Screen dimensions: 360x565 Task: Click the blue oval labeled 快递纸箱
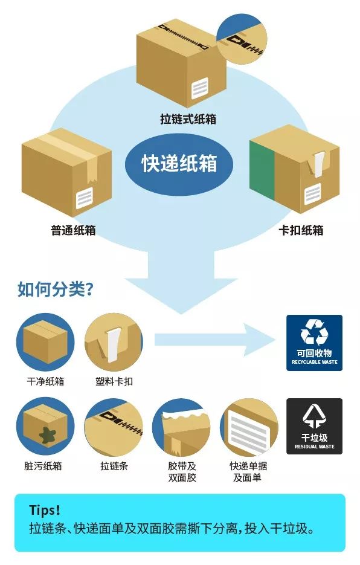pyautogui.click(x=179, y=164)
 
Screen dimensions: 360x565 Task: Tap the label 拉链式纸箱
pyautogui.click(x=188, y=119)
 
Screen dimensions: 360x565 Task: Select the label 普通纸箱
pyautogui.click(x=73, y=230)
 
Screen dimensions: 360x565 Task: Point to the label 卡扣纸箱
pyautogui.click(x=301, y=230)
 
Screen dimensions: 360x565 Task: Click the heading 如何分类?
pyautogui.click(x=56, y=289)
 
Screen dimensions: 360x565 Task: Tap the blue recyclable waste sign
pyautogui.click(x=314, y=343)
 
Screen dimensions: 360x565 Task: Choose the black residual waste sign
pyautogui.click(x=314, y=426)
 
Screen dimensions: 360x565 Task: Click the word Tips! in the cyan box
pyautogui.click(x=45, y=510)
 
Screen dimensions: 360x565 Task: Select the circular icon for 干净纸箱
pyautogui.click(x=45, y=342)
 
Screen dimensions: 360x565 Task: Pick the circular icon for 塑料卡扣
pyautogui.click(x=114, y=342)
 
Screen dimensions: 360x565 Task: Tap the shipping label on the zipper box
pyautogui.click(x=200, y=88)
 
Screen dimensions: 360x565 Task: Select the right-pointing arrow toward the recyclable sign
pyautogui.click(x=215, y=340)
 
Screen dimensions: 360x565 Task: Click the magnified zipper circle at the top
pyautogui.click(x=242, y=39)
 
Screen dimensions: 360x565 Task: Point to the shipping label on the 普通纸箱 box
pyautogui.click(x=85, y=198)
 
